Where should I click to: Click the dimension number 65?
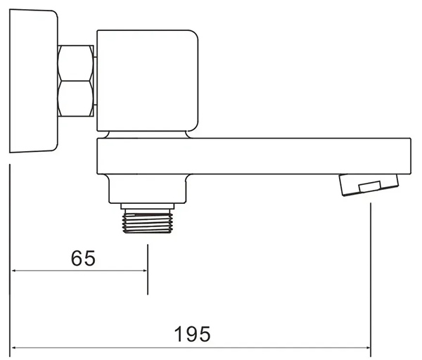click(83, 258)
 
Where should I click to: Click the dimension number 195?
click(193, 334)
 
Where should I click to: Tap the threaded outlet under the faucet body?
click(148, 221)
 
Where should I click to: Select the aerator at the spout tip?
click(369, 185)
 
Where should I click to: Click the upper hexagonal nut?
click(76, 63)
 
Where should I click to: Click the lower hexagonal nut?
click(76, 98)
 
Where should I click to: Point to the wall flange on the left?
click(34, 81)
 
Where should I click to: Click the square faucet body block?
click(148, 81)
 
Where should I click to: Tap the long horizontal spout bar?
click(254, 156)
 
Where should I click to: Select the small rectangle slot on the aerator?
click(370, 186)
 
